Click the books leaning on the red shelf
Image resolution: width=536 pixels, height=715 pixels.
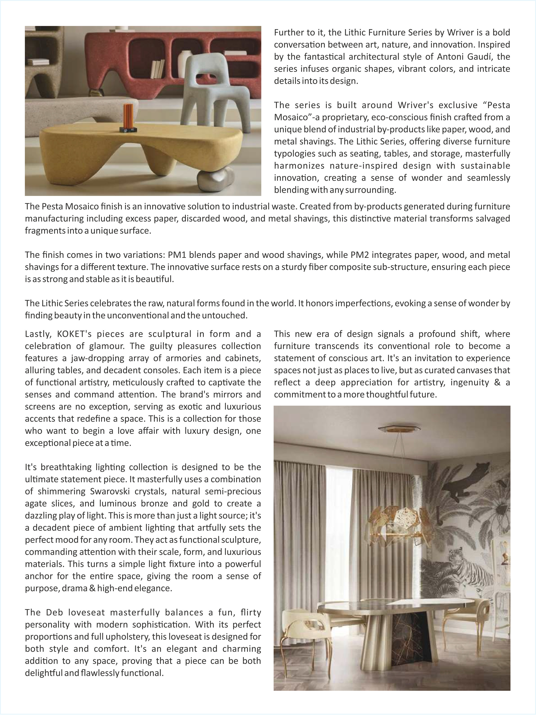tap(158, 69)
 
